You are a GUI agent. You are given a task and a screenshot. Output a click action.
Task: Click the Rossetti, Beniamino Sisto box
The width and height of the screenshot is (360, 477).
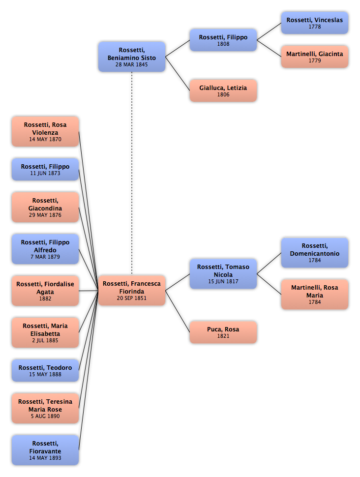click(x=132, y=57)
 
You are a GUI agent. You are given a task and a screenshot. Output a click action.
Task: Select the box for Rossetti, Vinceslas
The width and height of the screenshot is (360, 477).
click(x=315, y=23)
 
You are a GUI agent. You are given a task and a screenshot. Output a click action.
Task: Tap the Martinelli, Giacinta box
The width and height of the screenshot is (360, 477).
click(x=315, y=57)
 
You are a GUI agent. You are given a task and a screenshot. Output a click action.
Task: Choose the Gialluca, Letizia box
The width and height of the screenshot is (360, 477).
click(x=223, y=90)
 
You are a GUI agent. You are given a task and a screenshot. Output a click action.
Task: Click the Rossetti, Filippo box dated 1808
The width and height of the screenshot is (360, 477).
click(x=223, y=40)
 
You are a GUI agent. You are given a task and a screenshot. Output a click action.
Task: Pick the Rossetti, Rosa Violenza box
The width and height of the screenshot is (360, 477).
click(x=45, y=131)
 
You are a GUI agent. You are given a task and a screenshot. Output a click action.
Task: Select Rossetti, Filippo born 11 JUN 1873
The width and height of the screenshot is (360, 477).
click(x=45, y=170)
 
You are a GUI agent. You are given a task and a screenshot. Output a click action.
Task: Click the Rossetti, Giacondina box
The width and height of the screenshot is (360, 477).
click(x=45, y=207)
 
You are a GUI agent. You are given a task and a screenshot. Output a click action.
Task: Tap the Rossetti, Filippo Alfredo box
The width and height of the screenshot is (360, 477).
click(x=45, y=249)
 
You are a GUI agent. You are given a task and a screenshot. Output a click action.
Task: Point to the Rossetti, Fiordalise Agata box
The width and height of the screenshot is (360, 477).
click(x=45, y=291)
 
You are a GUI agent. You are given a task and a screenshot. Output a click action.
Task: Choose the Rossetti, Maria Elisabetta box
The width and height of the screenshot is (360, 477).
click(x=45, y=332)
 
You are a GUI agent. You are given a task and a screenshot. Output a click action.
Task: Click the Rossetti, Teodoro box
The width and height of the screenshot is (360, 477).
click(x=45, y=370)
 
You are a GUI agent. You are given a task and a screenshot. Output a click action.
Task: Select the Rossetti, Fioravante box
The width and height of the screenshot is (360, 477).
click(x=45, y=450)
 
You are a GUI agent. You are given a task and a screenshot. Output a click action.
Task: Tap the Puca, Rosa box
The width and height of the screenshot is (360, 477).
click(x=223, y=332)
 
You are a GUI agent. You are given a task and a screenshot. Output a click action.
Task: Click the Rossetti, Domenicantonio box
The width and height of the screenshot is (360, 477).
click(x=315, y=253)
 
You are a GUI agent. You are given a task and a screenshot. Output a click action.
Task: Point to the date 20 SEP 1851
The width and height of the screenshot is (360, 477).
click(x=132, y=298)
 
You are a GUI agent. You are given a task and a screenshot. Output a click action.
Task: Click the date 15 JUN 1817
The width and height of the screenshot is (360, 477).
click(x=223, y=281)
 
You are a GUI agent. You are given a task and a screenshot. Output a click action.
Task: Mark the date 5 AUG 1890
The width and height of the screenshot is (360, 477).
click(x=45, y=416)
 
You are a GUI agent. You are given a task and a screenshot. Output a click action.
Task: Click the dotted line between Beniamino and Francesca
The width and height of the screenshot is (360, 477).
click(x=132, y=174)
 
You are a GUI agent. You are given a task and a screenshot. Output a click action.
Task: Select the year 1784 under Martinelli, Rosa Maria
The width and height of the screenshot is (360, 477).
click(x=315, y=302)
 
